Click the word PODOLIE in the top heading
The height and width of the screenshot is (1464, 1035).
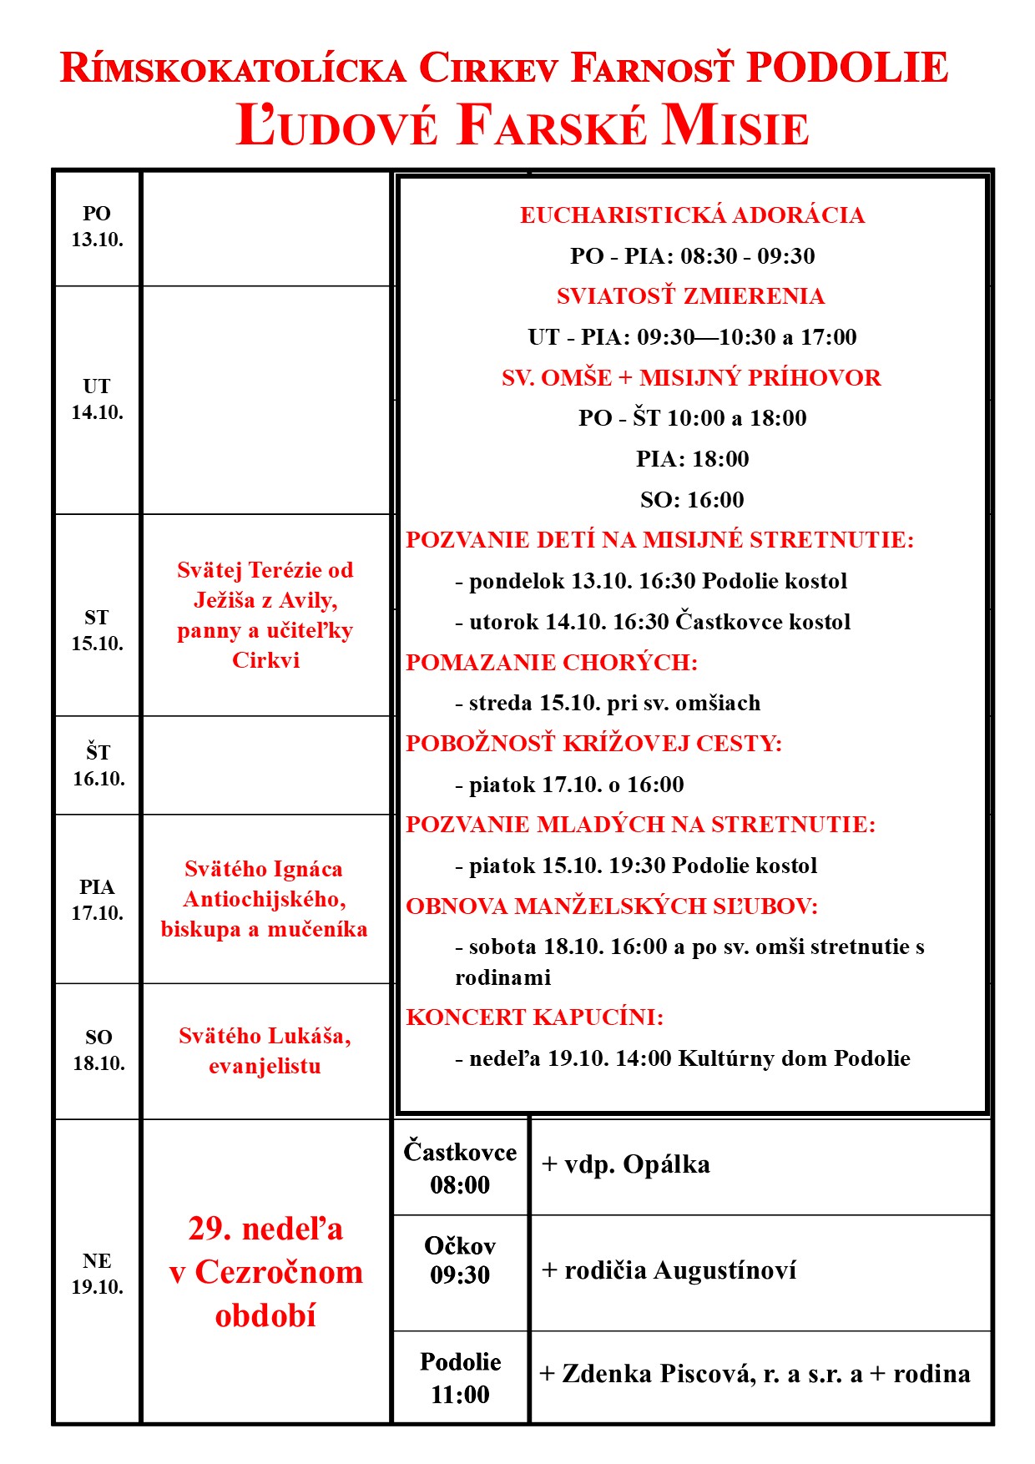[846, 68]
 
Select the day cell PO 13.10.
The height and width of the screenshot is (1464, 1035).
[97, 227]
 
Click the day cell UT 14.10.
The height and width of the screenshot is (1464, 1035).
[97, 399]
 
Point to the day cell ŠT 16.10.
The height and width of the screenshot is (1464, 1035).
[98, 765]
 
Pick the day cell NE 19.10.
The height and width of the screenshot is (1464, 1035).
[97, 1273]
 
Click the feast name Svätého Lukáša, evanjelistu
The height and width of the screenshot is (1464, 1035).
[265, 1050]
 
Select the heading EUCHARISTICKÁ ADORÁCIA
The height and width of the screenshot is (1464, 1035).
[692, 215]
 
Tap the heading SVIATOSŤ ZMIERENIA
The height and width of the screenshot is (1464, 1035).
[690, 296]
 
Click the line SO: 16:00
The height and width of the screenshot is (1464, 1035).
[692, 500]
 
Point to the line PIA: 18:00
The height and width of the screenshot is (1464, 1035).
[692, 459]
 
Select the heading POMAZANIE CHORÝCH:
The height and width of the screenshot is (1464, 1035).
[551, 663]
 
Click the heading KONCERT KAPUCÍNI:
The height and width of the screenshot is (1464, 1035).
[534, 1017]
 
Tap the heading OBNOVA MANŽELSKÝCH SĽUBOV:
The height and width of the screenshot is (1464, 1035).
[611, 906]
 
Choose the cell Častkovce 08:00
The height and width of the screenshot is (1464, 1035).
[460, 1168]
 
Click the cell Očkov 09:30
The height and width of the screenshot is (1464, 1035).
[460, 1260]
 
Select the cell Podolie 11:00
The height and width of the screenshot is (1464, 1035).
[460, 1377]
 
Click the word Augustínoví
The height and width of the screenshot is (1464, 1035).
[724, 1270]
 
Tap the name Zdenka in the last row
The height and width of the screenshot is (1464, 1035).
[613, 1374]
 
